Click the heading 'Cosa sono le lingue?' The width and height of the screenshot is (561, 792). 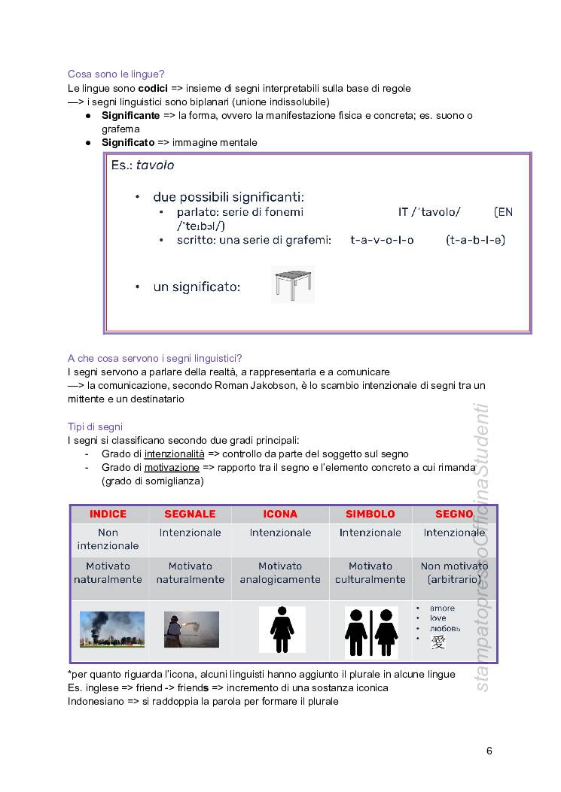click(x=116, y=74)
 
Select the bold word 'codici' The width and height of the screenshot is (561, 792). click(x=153, y=88)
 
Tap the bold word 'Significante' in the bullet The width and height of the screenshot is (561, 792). click(x=130, y=115)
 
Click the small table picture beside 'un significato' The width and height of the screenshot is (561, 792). click(x=292, y=285)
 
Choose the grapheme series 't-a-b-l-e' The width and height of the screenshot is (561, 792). click(x=475, y=240)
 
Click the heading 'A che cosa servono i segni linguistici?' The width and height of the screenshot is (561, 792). click(x=154, y=358)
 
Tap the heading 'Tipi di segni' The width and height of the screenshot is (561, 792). click(x=95, y=426)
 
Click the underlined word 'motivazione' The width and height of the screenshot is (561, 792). click(x=172, y=467)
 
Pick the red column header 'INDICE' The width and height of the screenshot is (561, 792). click(x=108, y=514)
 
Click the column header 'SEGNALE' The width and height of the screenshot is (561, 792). click(x=190, y=514)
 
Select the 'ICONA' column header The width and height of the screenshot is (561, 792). click(x=280, y=514)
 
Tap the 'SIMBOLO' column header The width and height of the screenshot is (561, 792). click(x=370, y=514)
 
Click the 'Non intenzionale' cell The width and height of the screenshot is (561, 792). click(x=108, y=539)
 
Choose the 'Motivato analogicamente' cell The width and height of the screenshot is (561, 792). click(x=280, y=572)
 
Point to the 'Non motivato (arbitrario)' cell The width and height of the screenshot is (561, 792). click(x=454, y=572)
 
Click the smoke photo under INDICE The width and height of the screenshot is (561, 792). click(x=112, y=630)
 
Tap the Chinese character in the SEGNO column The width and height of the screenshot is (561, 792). click(x=438, y=642)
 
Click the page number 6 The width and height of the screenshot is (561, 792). click(x=489, y=751)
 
